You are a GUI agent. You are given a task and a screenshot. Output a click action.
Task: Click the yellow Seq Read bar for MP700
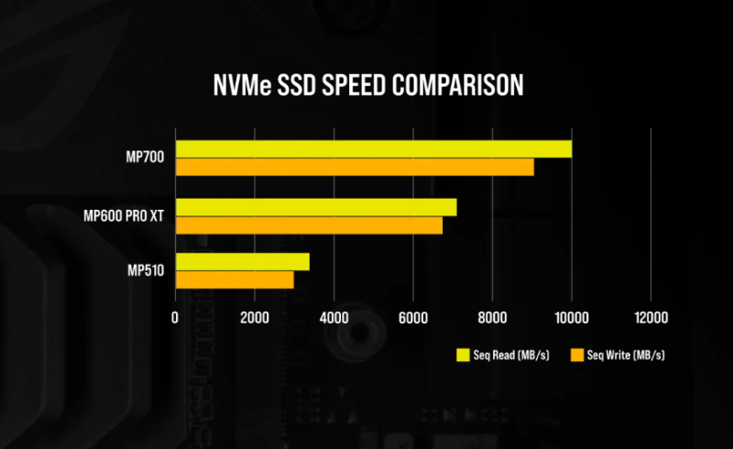point(373,148)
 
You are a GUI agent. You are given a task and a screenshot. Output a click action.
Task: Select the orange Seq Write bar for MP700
point(355,167)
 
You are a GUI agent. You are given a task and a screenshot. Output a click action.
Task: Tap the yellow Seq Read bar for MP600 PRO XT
point(315,207)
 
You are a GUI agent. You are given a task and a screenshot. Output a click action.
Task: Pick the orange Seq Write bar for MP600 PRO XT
point(309,225)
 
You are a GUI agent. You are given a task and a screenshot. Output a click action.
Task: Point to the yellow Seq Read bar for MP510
point(242,262)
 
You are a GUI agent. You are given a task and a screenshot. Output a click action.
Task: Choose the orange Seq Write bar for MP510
point(235,279)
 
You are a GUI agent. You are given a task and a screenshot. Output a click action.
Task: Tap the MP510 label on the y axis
point(146,271)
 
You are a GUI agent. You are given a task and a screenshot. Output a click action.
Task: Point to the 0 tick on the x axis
point(175,317)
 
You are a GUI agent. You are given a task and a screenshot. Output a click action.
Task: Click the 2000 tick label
point(254,317)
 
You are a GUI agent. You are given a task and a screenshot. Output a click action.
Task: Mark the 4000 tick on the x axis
point(334,317)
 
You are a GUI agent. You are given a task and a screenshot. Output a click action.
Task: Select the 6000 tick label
point(413,317)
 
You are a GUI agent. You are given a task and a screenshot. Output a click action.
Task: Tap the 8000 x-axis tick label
point(492,317)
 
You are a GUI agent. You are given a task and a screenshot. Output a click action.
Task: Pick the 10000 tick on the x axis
point(572,317)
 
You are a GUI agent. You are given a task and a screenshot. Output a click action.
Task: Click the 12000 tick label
point(651,317)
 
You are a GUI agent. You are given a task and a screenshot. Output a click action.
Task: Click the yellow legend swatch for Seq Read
point(462,354)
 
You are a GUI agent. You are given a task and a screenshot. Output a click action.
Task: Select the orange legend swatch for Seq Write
point(577,354)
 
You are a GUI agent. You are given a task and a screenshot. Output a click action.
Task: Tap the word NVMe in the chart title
point(239,85)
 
